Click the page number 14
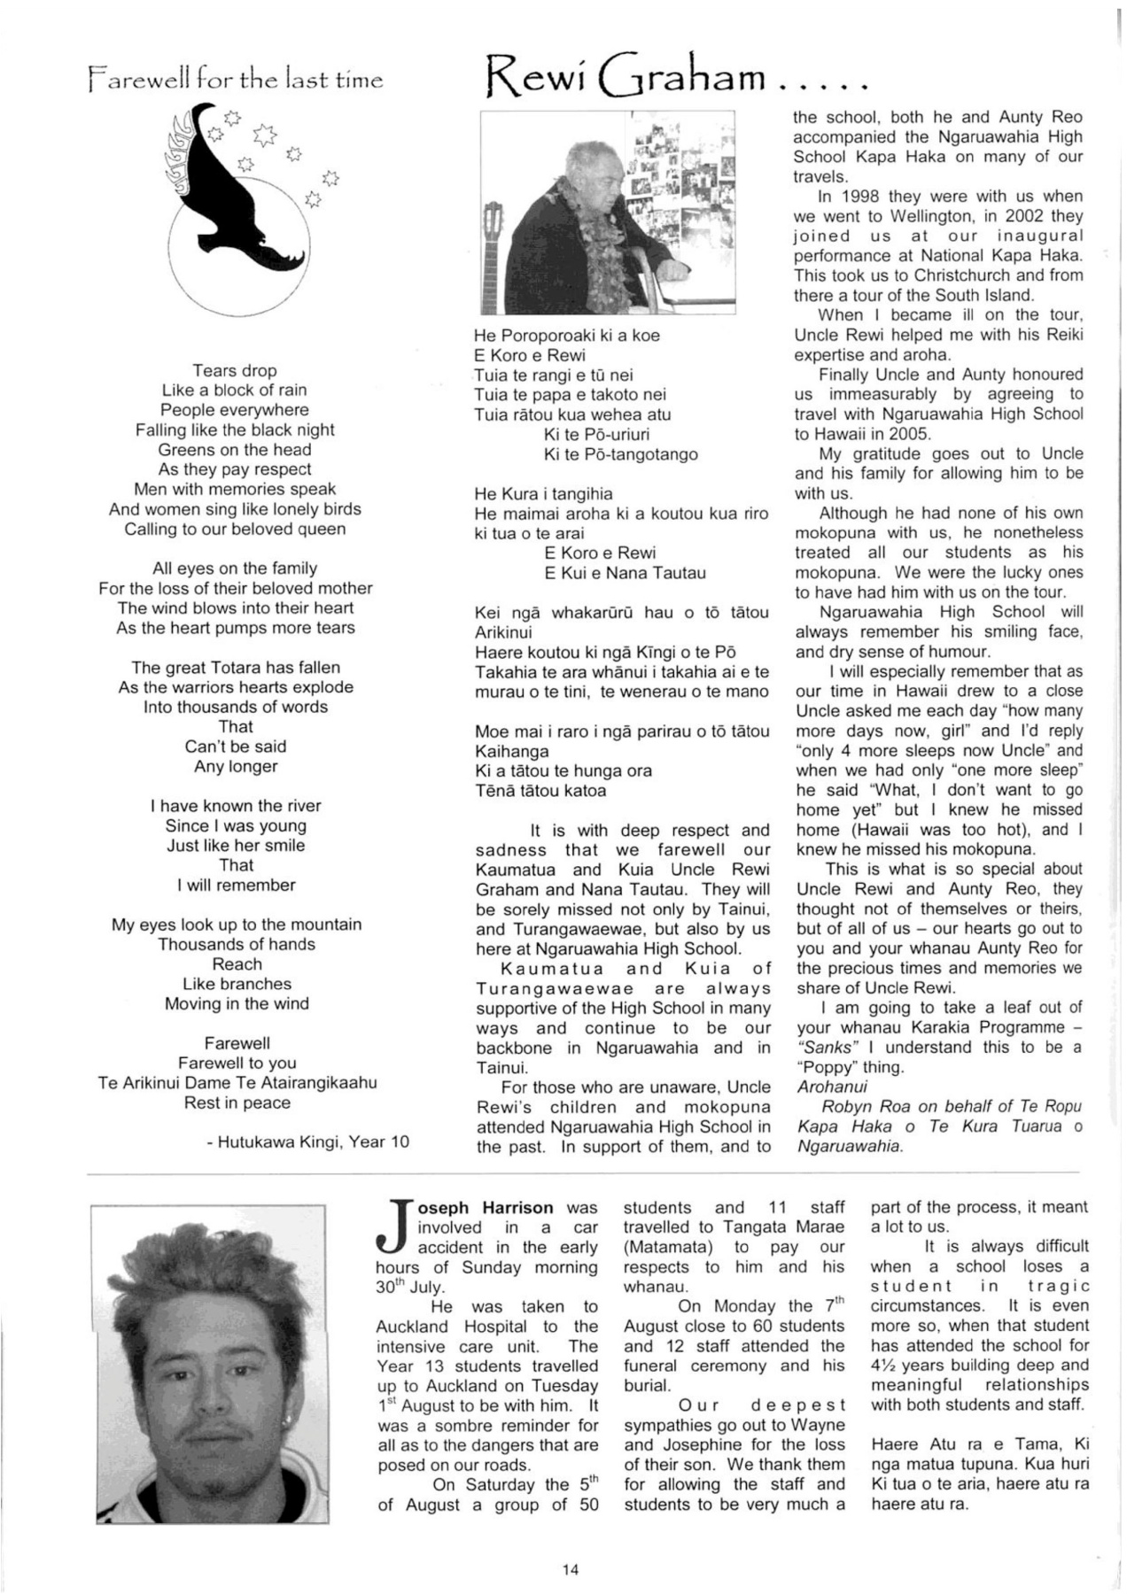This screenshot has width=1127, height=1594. point(570,1569)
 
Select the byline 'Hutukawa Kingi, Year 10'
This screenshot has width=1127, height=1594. point(308,1141)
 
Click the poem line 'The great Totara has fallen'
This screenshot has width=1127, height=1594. point(236,668)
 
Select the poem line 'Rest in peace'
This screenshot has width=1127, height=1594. point(237,1103)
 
